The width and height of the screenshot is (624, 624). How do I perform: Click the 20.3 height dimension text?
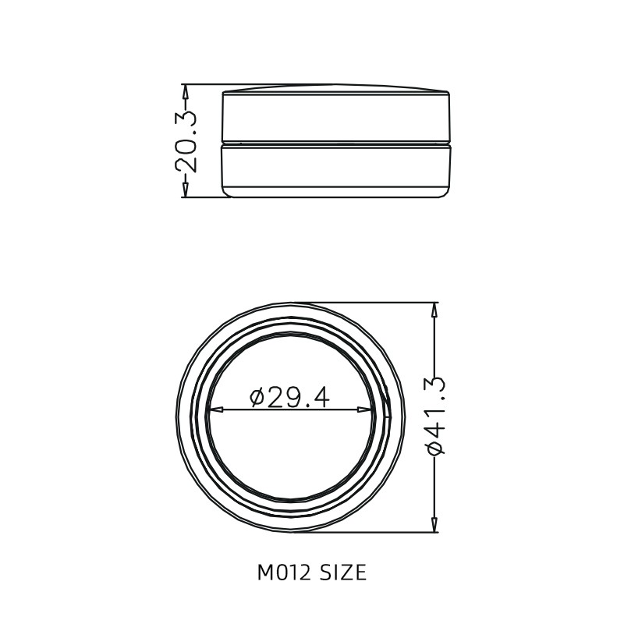coord(186,141)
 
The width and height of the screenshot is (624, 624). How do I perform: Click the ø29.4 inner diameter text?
coord(289,398)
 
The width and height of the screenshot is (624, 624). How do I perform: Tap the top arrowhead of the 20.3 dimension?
coord(185,90)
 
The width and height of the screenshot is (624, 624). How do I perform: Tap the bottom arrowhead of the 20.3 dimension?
coord(185,191)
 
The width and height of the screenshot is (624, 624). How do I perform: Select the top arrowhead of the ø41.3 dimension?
coord(434,309)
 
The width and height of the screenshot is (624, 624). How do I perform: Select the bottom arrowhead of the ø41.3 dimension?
coord(434,526)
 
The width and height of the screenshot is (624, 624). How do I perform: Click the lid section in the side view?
coord(337,117)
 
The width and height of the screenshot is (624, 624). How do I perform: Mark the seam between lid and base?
coord(337,144)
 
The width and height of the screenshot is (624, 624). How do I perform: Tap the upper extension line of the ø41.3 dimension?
coord(374,303)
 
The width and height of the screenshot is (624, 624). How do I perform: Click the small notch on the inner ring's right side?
coord(386,408)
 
